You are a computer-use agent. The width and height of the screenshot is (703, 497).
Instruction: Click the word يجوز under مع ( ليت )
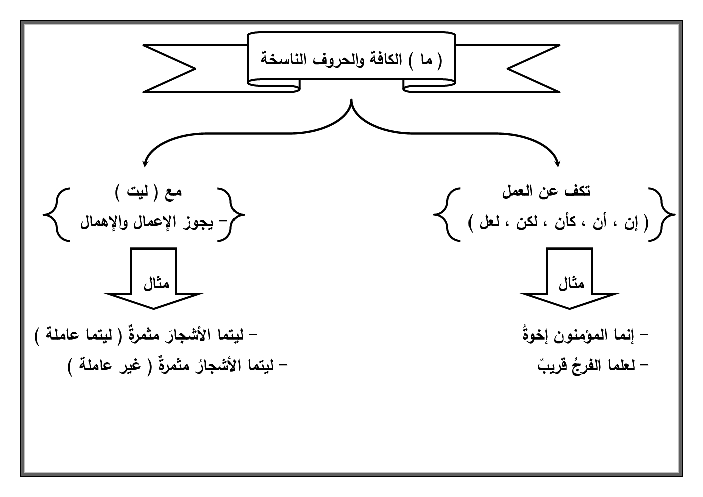click(192, 222)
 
